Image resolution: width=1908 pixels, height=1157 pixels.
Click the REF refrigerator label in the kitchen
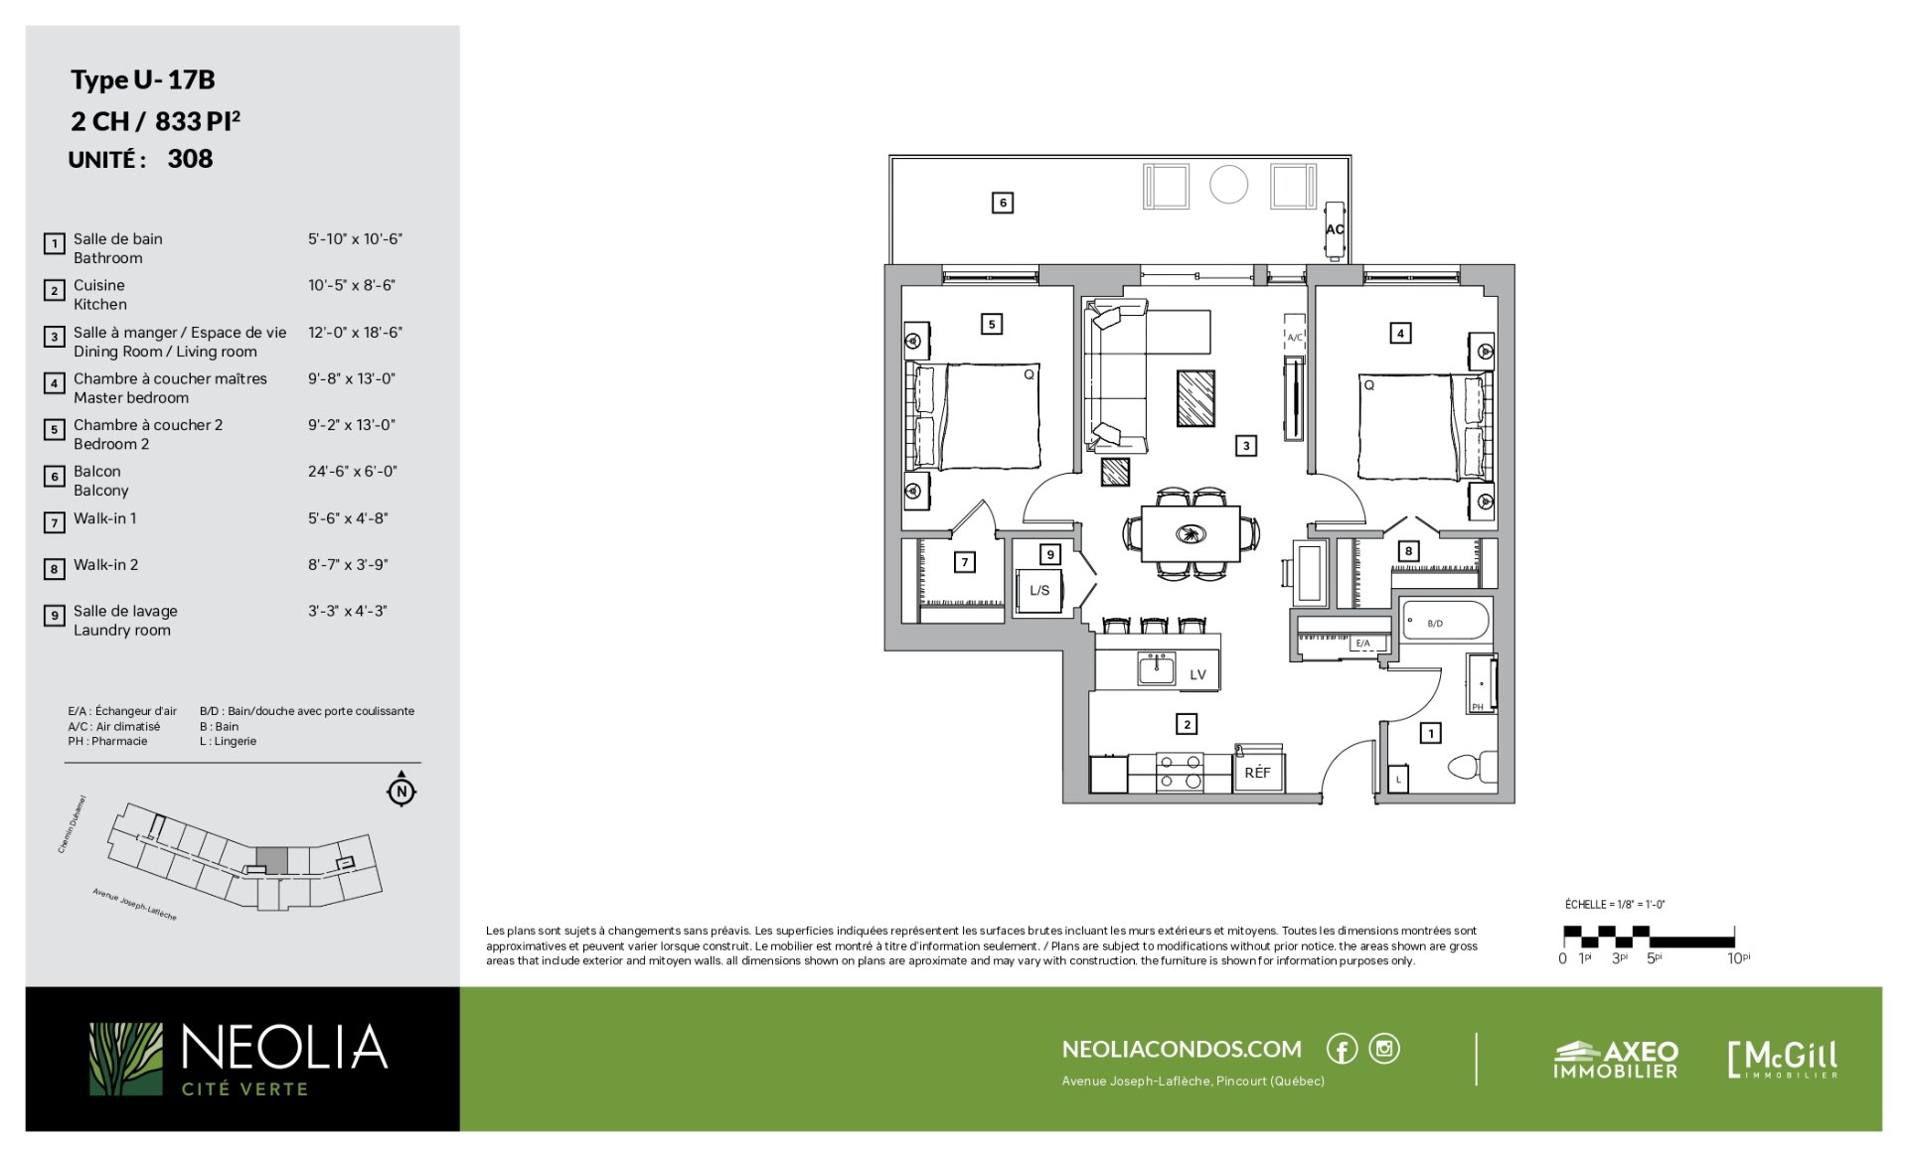(1257, 772)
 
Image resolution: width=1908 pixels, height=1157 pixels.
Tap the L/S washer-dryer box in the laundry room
(1039, 590)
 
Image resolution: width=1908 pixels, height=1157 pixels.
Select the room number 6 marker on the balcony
(1003, 203)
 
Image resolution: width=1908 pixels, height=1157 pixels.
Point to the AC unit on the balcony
(1335, 229)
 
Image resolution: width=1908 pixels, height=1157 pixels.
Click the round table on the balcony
(1228, 185)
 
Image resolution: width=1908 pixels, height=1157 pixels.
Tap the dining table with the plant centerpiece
(1191, 534)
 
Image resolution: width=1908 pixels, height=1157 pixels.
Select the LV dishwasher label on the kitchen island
(1198, 674)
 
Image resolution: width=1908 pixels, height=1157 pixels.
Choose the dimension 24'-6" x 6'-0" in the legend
(352, 471)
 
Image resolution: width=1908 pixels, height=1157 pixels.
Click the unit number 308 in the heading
(190, 159)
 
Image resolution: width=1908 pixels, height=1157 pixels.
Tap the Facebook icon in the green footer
(1342, 1049)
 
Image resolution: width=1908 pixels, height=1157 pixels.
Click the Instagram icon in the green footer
(1384, 1049)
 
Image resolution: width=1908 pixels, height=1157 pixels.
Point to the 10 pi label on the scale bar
(1738, 958)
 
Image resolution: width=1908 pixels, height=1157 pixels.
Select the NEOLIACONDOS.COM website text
(1182, 1049)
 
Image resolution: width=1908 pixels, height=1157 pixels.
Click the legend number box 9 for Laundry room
(55, 616)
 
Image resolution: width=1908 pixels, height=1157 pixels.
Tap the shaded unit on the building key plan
(272, 861)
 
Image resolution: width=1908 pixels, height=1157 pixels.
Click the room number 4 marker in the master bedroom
(1400, 334)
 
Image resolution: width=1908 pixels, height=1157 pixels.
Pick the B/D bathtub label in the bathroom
(1435, 624)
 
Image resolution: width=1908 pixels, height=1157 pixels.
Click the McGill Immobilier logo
(1783, 1059)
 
